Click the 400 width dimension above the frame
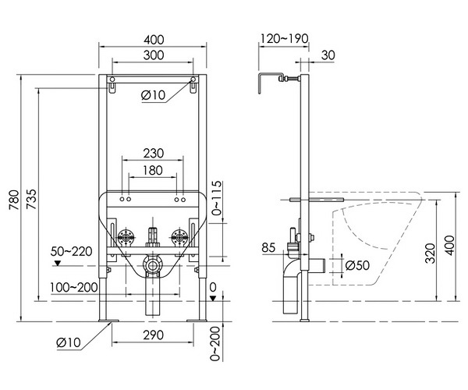pos(154,40)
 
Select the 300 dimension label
pos(154,55)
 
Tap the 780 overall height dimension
pos(14,200)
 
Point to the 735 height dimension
pos(31,199)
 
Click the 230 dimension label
pos(154,154)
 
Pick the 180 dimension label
pos(153,170)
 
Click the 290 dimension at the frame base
pos(153,335)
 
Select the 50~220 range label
pos(71,251)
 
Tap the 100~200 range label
pos(74,287)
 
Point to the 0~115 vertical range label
pos(218,197)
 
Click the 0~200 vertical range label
pos(215,344)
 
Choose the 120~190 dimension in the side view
pos(285,38)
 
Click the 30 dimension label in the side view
pos(328,55)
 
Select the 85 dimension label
pos(268,247)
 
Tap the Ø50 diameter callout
pos(357,265)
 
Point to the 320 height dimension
pos(430,253)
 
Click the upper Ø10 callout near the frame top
pos(153,95)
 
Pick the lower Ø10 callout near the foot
pos(69,342)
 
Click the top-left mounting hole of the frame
pos(112,80)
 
